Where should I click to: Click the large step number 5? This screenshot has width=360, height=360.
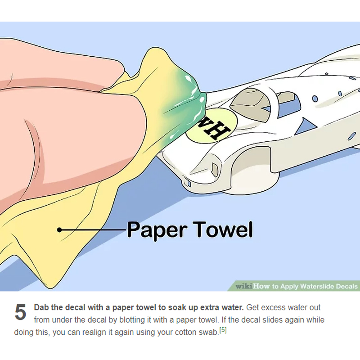(20, 312)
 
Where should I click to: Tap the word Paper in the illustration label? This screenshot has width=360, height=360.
(157, 230)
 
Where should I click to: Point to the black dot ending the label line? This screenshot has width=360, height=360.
(59, 229)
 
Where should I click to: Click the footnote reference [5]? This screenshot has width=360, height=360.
(223, 330)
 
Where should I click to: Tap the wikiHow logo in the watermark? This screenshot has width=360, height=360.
(252, 286)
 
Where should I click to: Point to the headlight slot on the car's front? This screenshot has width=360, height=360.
(215, 170)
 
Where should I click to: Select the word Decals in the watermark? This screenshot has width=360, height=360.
(346, 286)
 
